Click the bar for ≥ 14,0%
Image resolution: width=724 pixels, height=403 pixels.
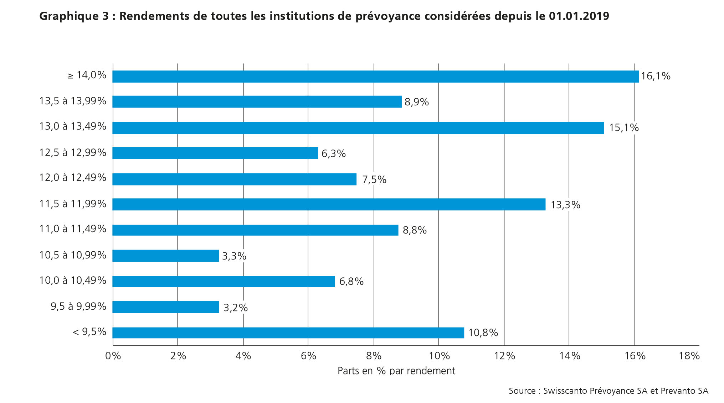(x=376, y=77)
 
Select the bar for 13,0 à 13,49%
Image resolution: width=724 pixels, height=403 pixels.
(x=358, y=128)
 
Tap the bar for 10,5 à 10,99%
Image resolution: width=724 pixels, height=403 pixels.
(x=166, y=256)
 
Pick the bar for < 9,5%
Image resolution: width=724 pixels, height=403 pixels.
(x=288, y=333)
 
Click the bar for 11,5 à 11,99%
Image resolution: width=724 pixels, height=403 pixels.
(x=329, y=204)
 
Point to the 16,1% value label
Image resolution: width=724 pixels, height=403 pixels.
(x=656, y=76)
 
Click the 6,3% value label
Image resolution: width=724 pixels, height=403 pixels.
(x=334, y=154)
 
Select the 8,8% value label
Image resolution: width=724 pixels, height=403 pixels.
(x=415, y=230)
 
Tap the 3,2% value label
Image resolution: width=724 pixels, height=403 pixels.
(x=235, y=308)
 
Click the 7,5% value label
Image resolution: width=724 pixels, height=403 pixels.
(x=374, y=179)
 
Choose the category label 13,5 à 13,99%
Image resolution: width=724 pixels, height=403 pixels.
(x=73, y=101)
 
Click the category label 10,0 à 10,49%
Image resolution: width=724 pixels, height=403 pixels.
(x=73, y=281)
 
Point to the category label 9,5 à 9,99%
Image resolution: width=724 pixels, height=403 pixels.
(x=78, y=306)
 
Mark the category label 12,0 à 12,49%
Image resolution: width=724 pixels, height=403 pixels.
(x=73, y=177)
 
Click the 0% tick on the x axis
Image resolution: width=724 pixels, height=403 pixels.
(x=113, y=356)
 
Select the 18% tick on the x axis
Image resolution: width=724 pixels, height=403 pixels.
(x=689, y=356)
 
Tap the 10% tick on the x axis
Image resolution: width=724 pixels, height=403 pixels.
(x=439, y=356)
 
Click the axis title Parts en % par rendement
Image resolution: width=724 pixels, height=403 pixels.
(x=396, y=371)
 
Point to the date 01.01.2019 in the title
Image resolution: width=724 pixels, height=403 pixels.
(x=579, y=16)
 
